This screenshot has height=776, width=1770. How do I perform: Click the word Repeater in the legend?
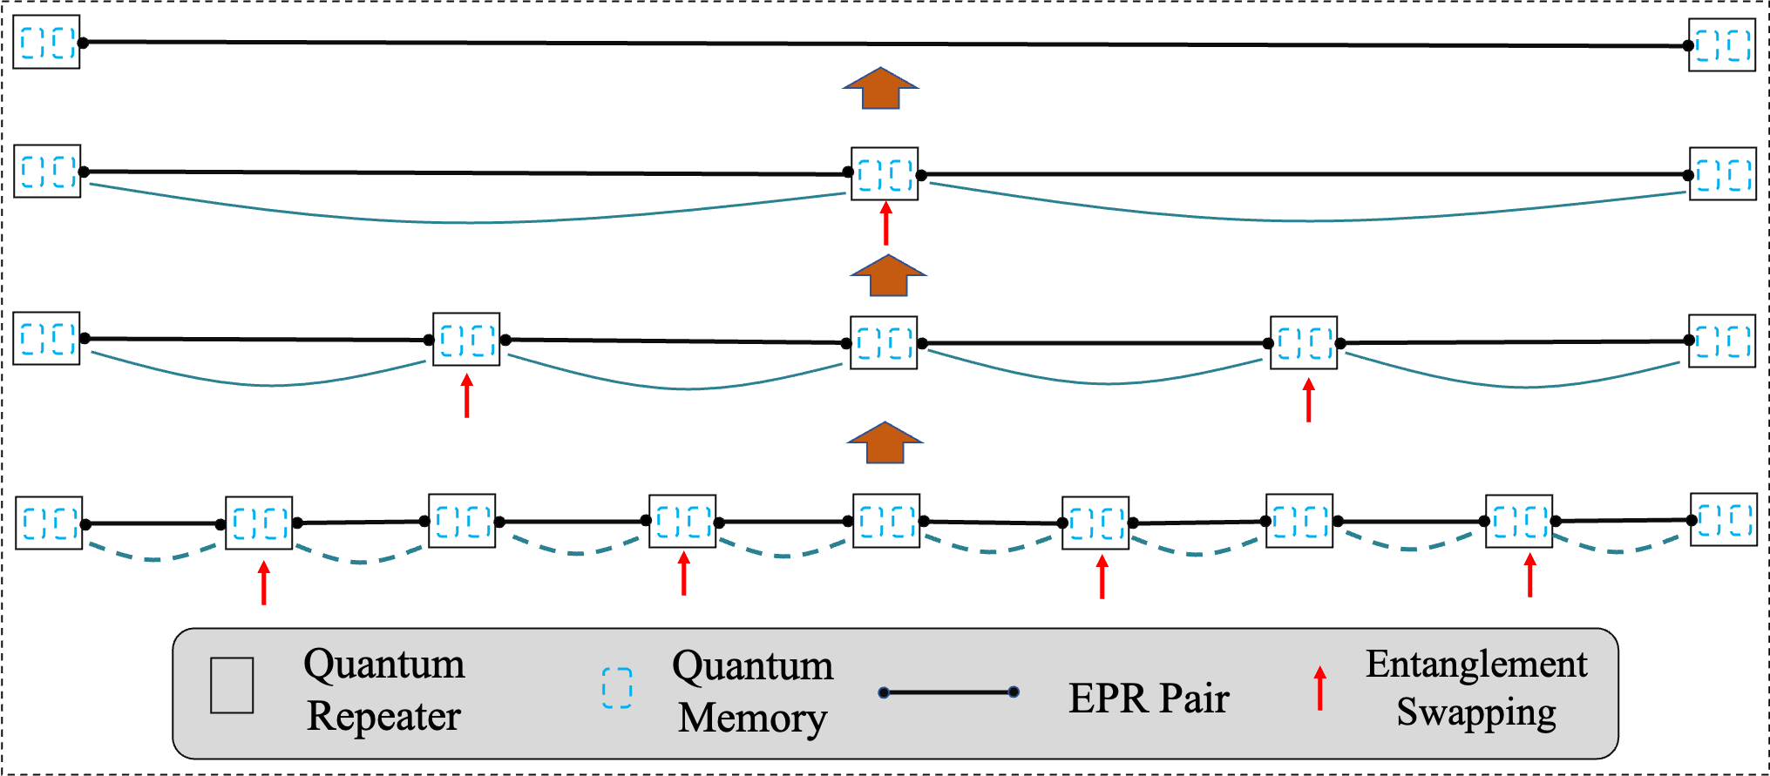pos(383,717)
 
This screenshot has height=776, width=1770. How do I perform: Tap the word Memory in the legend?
pos(752,719)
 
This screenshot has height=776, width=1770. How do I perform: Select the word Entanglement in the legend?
pos(1476,665)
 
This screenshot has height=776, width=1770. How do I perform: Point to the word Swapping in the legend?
pos(1476,712)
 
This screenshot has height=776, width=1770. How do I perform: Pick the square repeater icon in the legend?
pos(232,685)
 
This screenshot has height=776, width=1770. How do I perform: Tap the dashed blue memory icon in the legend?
pos(617,687)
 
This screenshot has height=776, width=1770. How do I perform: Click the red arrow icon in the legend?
pos(1320,688)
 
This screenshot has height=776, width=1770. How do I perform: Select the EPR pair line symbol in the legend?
pos(949,692)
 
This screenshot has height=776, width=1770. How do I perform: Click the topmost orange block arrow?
pos(880,89)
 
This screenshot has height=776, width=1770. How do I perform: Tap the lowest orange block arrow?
pos(885,443)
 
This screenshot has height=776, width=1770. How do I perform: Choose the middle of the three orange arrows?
pos(888,276)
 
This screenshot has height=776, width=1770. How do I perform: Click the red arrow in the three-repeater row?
pos(886,223)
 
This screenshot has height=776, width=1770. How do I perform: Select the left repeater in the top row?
pos(48,42)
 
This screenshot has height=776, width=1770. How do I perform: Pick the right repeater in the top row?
pos(1723,45)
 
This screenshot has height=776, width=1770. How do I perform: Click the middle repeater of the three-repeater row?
pos(885,174)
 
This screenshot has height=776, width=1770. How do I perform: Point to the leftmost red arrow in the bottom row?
pos(264,583)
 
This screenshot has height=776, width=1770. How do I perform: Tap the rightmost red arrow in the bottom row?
pos(1530,576)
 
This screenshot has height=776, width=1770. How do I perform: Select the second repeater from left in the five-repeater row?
pos(467,340)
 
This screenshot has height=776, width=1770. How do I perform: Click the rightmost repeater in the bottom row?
pos(1724,520)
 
